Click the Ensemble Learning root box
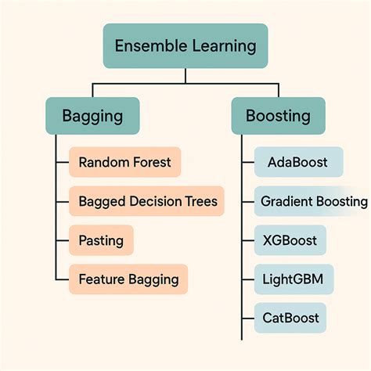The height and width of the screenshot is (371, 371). pos(185,46)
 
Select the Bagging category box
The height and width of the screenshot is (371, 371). pos(92,116)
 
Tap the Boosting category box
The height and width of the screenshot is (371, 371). pos(278,116)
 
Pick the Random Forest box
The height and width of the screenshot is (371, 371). pos(125,163)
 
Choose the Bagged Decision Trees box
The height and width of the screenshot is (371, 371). pos(146,201)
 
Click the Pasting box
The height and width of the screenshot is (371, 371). pos(101,240)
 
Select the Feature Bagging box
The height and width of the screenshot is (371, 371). pos(129,278)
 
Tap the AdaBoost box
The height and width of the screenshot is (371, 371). pos(298,163)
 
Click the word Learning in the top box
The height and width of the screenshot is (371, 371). pos(223,46)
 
